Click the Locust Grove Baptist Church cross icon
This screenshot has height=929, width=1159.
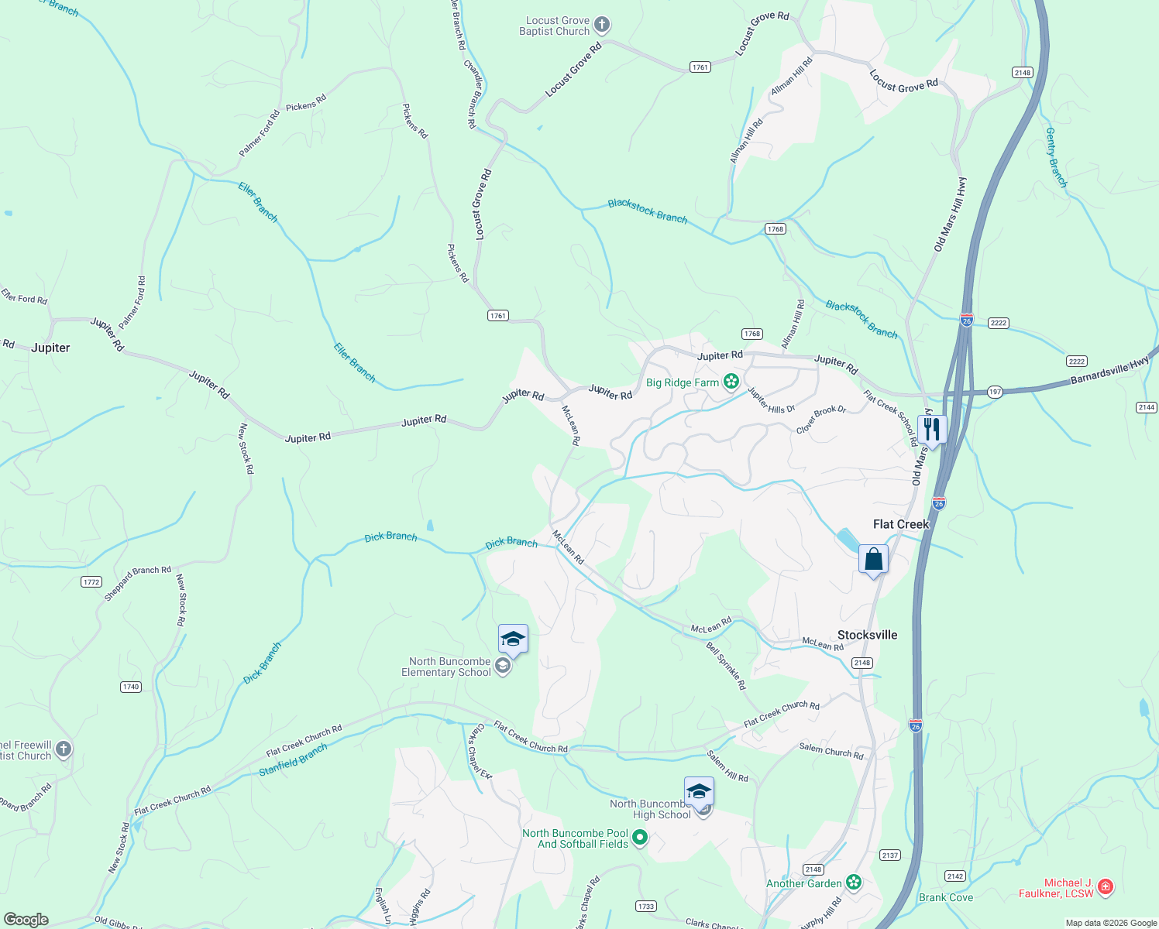pos(602,26)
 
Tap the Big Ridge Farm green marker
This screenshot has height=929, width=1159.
pos(731,381)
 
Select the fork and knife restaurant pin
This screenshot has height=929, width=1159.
pos(932,429)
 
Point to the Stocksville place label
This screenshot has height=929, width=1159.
pos(867,635)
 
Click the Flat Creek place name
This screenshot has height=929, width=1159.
pos(900,524)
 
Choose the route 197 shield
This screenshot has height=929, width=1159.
pos(996,392)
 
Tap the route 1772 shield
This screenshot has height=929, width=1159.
pos(91,581)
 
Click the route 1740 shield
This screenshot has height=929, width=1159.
pos(131,687)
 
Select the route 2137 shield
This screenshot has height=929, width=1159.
pos(890,855)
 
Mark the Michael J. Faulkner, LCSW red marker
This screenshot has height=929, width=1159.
pos(1106,887)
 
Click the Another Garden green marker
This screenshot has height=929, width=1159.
pos(854,883)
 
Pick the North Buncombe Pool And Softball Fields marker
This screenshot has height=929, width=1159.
pos(640,838)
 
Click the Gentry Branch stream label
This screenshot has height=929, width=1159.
pos(1056,157)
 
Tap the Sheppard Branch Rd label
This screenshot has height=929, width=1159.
pos(138,583)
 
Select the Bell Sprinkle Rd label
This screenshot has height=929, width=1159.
pos(726,665)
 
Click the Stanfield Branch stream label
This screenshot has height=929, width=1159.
pos(293,760)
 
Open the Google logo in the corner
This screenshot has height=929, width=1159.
pos(26,920)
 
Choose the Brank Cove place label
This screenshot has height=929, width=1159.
pos(945,897)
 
